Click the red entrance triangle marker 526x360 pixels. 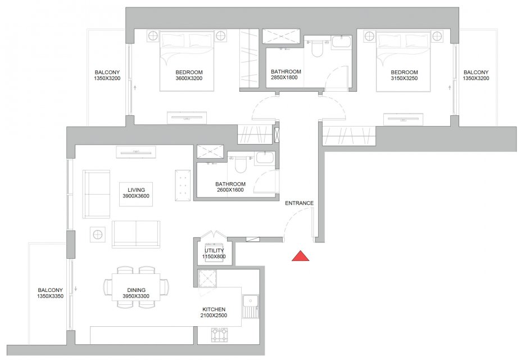click(300, 256)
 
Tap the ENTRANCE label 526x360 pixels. click(299, 203)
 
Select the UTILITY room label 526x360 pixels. click(214, 250)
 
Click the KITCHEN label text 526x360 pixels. click(214, 309)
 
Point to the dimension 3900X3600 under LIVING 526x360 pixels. click(136, 196)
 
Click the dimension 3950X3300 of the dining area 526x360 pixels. click(136, 296)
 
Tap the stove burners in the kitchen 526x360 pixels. click(220, 335)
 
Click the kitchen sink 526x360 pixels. click(250, 306)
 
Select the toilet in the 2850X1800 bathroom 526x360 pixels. click(317, 48)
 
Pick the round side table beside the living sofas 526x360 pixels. click(98, 234)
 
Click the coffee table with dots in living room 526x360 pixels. click(183, 186)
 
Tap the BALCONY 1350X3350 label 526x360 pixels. click(50, 293)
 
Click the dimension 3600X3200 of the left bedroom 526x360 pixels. click(189, 79)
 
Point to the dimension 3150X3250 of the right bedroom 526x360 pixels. click(404, 79)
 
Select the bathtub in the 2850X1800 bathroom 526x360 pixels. click(342, 43)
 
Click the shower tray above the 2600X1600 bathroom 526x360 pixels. click(210, 151)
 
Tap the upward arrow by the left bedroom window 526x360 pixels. click(135, 88)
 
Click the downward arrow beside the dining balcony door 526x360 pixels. click(76, 289)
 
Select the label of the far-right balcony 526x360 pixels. click(476, 75)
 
